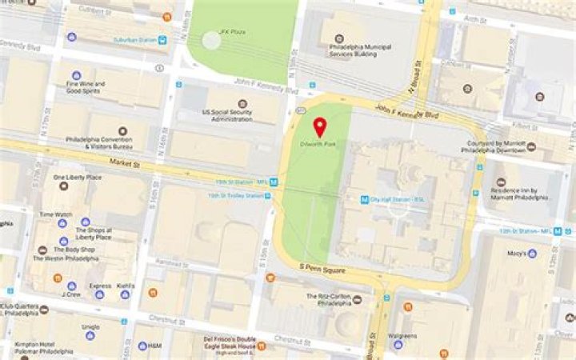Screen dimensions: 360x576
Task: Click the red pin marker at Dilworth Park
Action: click(319, 126)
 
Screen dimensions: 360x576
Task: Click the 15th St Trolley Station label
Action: click(235, 195)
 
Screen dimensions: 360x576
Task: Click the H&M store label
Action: click(156, 346)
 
